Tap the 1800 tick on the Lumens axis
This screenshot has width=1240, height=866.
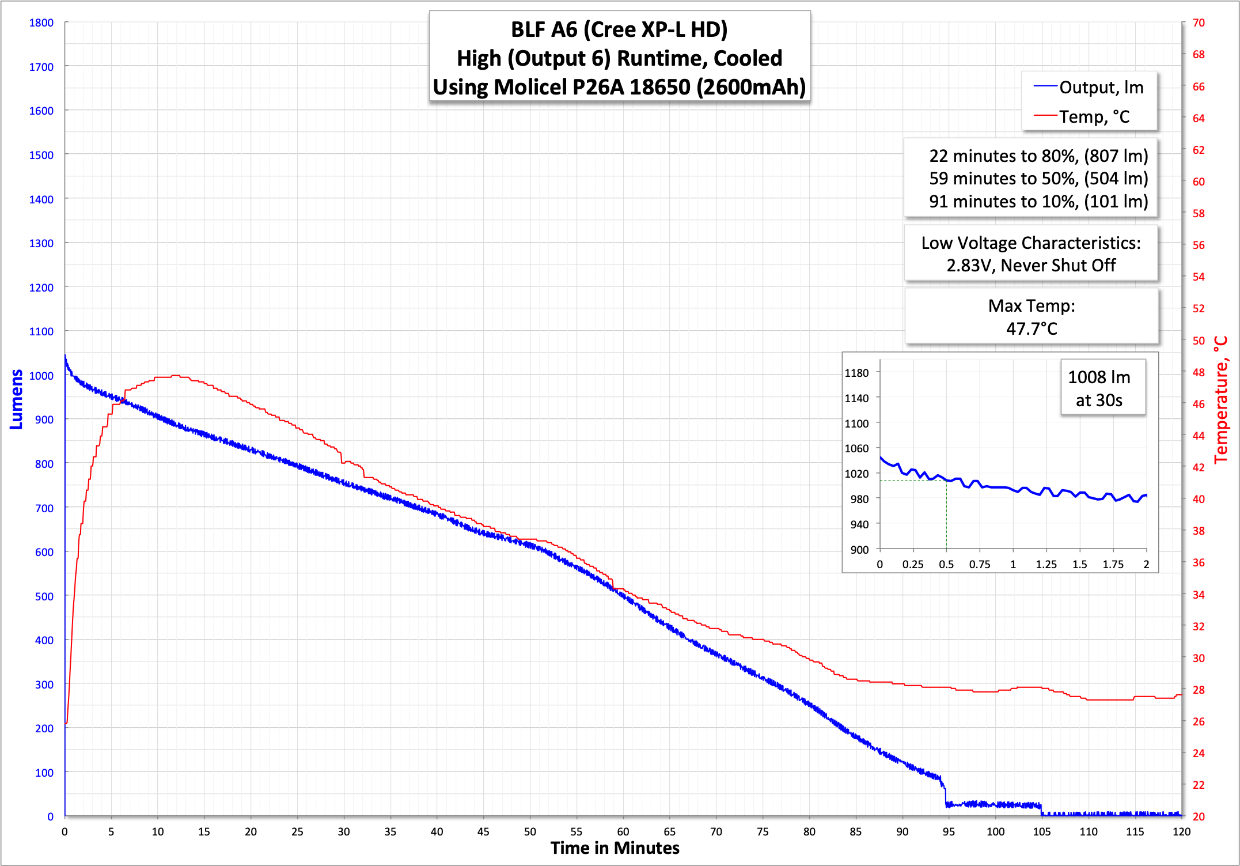pos(41,23)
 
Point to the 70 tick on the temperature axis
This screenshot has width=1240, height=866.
pos(1199,23)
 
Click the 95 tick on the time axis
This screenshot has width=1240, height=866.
pos(949,831)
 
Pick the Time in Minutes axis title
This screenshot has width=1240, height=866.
pos(615,848)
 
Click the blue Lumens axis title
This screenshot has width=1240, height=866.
pos(17,399)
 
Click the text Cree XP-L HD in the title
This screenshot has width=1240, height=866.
pos(655,30)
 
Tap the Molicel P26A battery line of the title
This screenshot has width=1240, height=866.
pos(619,87)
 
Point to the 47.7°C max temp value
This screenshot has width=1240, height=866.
pos(1032,328)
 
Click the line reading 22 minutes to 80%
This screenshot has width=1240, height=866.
pos(1038,156)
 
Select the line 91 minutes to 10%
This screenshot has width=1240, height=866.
pos(1038,202)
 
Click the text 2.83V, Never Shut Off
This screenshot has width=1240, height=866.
pos(1031,266)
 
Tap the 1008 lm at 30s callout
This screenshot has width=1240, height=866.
pos(1099,388)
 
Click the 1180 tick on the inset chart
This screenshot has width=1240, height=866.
pos(856,373)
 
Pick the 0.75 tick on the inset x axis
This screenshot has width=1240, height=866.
pos(979,565)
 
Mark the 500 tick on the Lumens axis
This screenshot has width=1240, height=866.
pos(44,596)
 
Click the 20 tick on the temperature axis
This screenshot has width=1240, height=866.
pos(1199,816)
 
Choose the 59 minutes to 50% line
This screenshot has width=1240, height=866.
pos(1038,179)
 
